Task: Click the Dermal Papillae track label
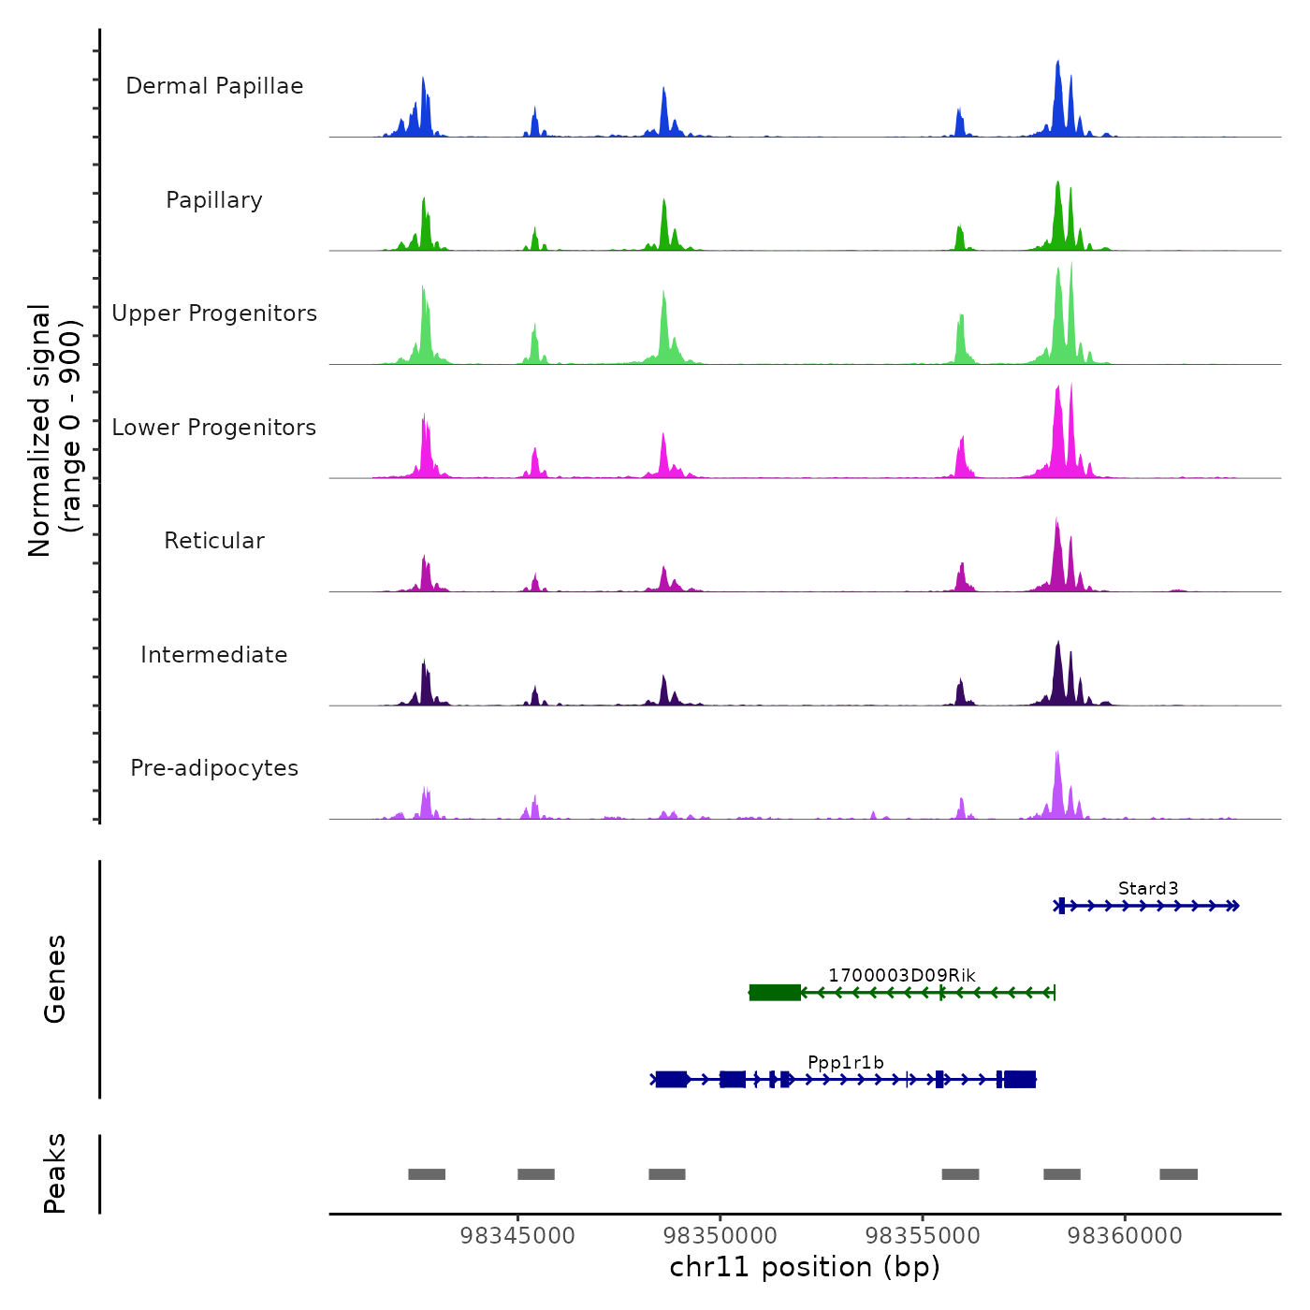pos(214,86)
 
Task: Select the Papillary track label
pos(214,200)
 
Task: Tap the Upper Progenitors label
pos(214,313)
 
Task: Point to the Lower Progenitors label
pos(214,428)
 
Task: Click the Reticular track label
pos(214,541)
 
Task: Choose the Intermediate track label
pos(214,655)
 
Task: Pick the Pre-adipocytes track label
pos(214,768)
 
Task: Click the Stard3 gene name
pos(1148,889)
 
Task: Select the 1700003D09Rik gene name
pos(901,976)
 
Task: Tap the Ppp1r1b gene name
pos(845,1063)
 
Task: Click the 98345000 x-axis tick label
pos(518,1236)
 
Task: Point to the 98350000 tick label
pos(720,1236)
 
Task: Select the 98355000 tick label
pos(923,1236)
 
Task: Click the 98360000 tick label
pos(1125,1236)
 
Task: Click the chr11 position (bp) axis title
pos(805,1267)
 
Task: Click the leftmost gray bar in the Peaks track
pos(427,1174)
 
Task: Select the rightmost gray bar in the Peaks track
pos(1178,1174)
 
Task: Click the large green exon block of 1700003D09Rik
pos(775,993)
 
